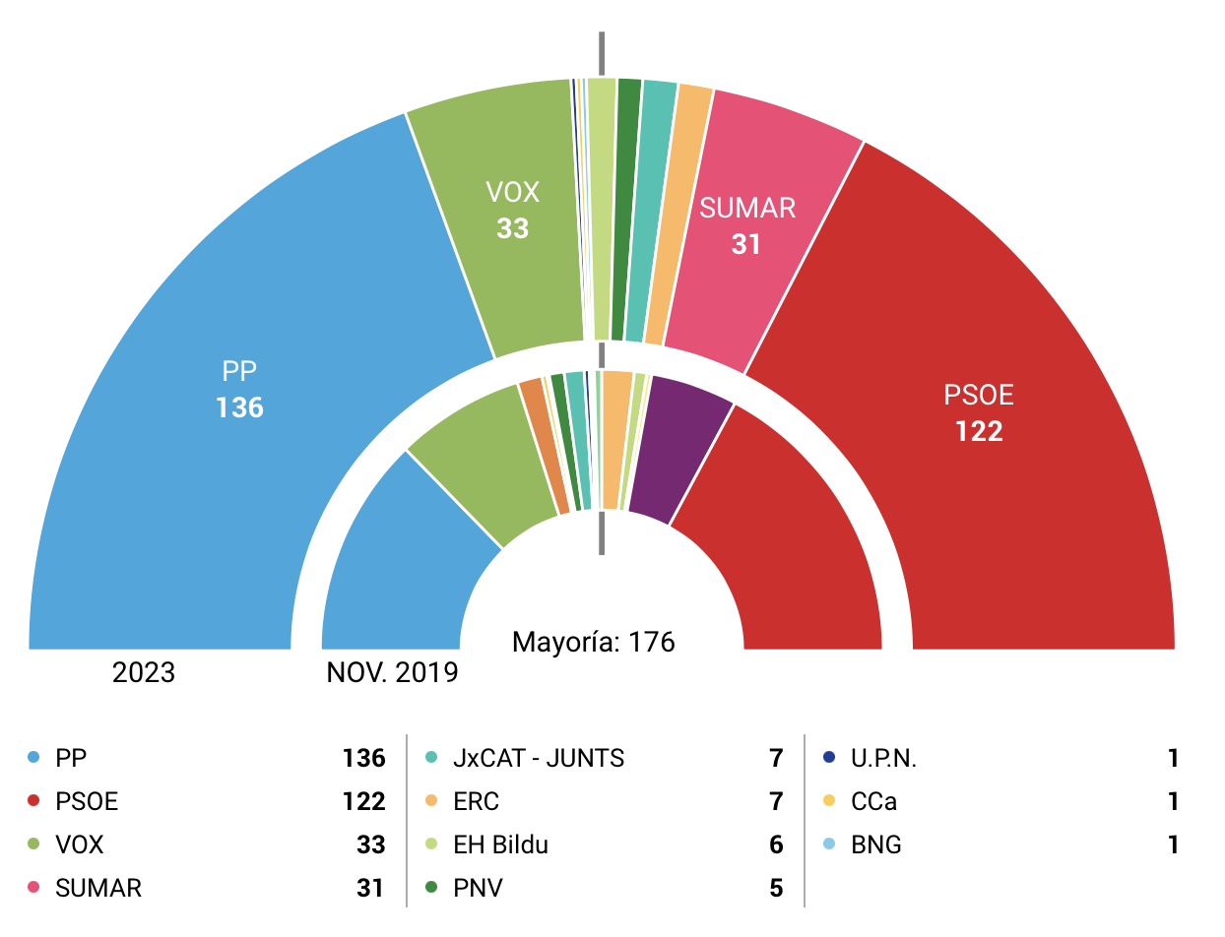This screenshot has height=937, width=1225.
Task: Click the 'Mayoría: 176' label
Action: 594,643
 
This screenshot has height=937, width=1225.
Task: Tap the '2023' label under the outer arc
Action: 144,673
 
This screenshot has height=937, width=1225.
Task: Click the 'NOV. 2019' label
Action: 392,673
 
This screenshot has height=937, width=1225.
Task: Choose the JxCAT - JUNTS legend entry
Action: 538,759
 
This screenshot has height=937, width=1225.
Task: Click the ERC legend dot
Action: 431,802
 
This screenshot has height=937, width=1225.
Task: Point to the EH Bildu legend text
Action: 500,845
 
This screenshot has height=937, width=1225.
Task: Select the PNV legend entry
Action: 478,889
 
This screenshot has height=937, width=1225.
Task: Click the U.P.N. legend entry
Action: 883,759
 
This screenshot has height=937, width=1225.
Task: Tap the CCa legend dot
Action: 829,802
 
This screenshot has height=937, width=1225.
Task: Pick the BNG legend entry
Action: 875,845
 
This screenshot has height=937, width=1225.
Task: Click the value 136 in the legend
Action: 363,759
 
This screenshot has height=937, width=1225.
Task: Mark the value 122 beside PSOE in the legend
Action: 363,802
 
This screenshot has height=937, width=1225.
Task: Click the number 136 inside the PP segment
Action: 240,407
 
